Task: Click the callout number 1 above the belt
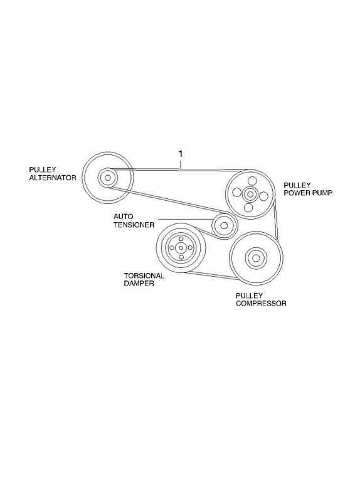point(181,154)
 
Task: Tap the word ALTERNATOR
point(53,178)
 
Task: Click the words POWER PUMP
point(308,193)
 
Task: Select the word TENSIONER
point(134,225)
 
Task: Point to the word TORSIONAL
point(144,275)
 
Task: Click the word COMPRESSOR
point(261,303)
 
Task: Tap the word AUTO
point(123,216)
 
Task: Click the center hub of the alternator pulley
point(108,178)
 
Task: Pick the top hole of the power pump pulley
point(252,180)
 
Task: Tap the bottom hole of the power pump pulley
point(248,208)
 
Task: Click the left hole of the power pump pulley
point(237,193)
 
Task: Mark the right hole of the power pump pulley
point(263,196)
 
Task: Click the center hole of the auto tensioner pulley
point(224,226)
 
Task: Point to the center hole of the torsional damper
point(181,248)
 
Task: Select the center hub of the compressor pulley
point(256,258)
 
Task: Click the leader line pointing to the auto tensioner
point(186,219)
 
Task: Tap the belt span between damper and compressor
point(213,276)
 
